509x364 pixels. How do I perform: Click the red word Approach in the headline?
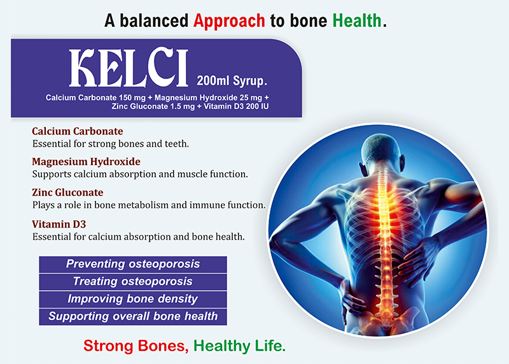(x=229, y=22)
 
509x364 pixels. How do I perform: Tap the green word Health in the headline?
(x=357, y=20)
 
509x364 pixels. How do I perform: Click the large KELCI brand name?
(x=129, y=68)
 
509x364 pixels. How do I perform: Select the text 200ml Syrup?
(x=232, y=80)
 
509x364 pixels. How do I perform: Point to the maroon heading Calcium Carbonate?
(x=78, y=131)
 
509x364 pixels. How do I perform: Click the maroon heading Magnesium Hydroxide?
(x=87, y=162)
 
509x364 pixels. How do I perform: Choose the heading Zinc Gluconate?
(x=67, y=193)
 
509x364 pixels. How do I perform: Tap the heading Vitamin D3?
(x=59, y=224)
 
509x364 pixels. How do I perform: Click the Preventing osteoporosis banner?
(x=133, y=264)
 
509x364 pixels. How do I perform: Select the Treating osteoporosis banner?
(x=133, y=282)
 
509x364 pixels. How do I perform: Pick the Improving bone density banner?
(x=133, y=299)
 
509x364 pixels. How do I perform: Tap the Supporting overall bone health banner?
(x=133, y=316)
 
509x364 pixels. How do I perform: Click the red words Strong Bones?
(x=136, y=346)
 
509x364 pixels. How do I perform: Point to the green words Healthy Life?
(x=240, y=346)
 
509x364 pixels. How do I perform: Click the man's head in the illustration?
(x=380, y=150)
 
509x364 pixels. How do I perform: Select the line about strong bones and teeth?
(x=111, y=144)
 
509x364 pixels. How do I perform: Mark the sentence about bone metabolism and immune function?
(x=149, y=205)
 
